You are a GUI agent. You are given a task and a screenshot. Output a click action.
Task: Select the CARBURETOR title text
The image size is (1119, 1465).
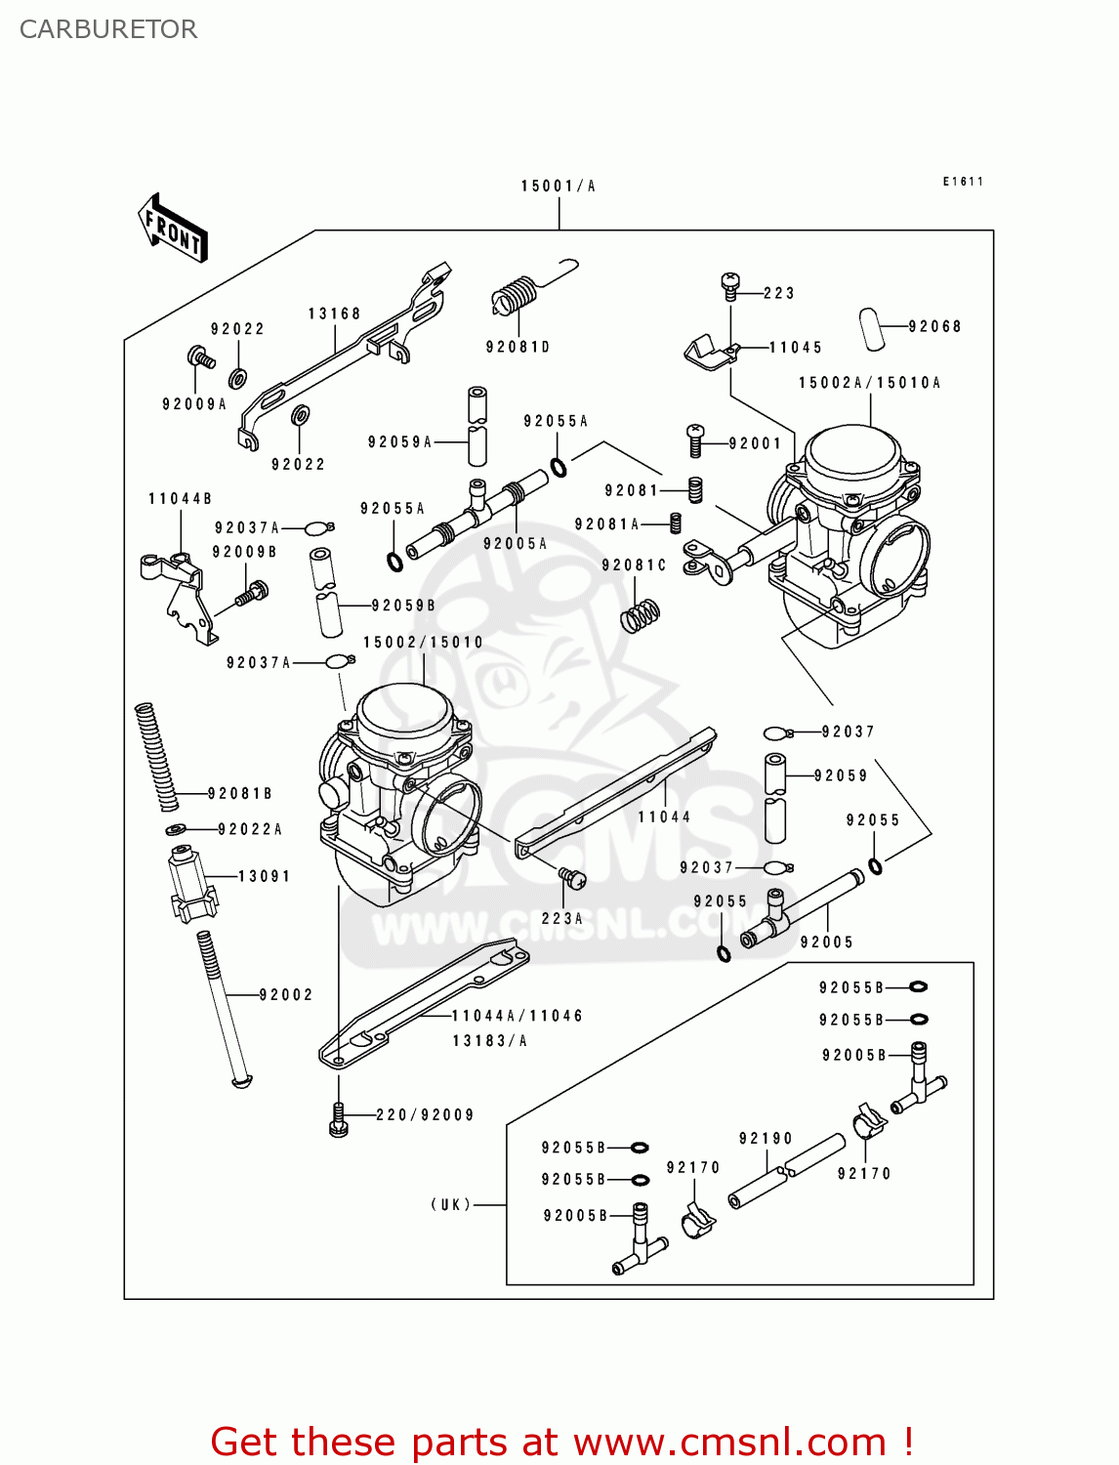[x=108, y=29]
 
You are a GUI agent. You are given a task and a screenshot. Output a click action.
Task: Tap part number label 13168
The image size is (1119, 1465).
[x=334, y=314]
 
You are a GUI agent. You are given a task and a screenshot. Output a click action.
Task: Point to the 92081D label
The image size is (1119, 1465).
[x=518, y=347]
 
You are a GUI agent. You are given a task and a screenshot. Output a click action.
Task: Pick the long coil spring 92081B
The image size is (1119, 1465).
[x=156, y=756]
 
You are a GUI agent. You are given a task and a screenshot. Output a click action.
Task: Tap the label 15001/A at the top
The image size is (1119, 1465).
[x=558, y=186]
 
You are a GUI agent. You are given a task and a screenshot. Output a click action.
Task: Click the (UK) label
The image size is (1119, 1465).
[x=451, y=1204]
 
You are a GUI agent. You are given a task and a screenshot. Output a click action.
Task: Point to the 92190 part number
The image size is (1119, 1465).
[x=766, y=1139]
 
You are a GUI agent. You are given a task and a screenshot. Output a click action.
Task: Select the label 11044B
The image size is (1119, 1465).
[x=180, y=499]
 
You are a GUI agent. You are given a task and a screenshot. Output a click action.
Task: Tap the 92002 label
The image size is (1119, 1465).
[x=286, y=995]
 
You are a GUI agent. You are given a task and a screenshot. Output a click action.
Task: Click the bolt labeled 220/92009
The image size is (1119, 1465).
[x=339, y=1119]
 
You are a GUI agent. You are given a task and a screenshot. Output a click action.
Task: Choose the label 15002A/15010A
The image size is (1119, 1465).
[x=869, y=383]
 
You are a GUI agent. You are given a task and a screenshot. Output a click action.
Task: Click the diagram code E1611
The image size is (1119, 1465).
[x=963, y=182]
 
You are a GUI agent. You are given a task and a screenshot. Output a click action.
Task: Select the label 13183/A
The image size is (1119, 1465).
[x=489, y=1041]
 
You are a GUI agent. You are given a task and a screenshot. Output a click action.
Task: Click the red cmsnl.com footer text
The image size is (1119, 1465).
[x=562, y=1442]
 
